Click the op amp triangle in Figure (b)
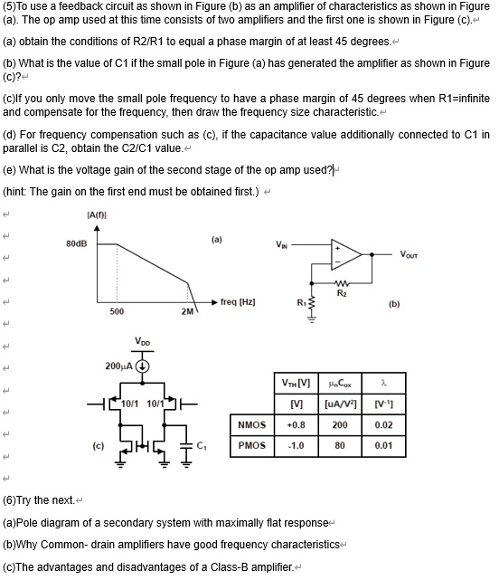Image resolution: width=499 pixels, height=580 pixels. pos(346,255)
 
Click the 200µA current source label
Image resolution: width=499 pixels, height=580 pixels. pos(118,366)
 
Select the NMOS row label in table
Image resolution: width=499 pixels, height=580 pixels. pos(251,424)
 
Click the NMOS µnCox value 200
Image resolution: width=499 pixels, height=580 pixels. pos(339,424)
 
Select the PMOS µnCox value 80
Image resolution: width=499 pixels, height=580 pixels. pos(339,445)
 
